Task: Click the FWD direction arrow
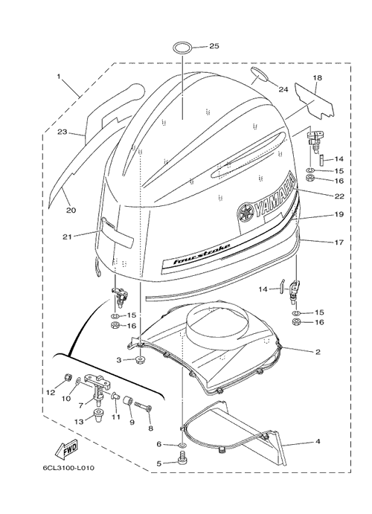tap(66, 449)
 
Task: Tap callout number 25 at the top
tap(214, 46)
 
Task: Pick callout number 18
tap(317, 78)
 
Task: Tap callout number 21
tap(67, 237)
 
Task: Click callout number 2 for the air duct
tap(318, 352)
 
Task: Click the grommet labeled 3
tap(141, 360)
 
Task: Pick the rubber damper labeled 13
tap(97, 417)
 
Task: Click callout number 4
tap(318, 442)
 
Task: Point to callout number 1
tap(59, 77)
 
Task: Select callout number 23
tap(62, 132)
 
